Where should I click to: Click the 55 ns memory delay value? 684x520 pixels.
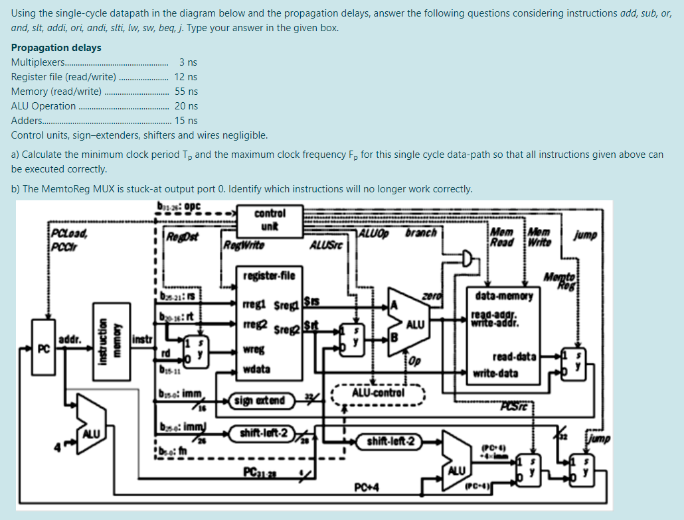(x=186, y=92)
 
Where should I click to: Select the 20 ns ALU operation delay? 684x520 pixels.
(x=186, y=106)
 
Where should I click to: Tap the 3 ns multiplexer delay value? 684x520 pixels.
(x=188, y=62)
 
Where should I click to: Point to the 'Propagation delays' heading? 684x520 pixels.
(x=56, y=48)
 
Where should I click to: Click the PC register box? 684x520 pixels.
(x=44, y=348)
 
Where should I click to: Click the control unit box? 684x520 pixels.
(x=270, y=218)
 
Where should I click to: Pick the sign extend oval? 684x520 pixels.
(x=259, y=401)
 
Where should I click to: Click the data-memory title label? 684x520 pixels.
(x=503, y=296)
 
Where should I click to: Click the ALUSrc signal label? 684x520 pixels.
(x=326, y=246)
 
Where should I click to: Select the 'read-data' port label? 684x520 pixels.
(x=514, y=356)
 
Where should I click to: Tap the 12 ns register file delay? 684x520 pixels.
(x=186, y=77)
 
